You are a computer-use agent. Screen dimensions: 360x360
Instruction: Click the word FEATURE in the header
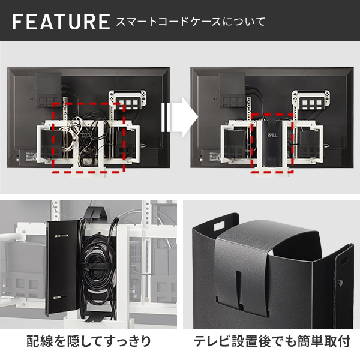(60, 22)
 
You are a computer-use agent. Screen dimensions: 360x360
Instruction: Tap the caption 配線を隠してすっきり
(89, 342)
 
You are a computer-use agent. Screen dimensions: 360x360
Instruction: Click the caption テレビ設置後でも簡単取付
(271, 342)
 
